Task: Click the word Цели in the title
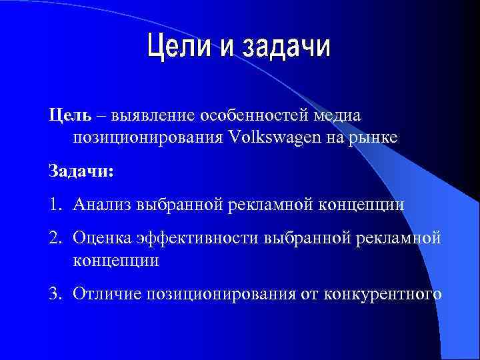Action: pyautogui.click(x=176, y=47)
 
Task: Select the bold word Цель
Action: pyautogui.click(x=66, y=115)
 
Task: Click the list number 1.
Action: pyautogui.click(x=54, y=204)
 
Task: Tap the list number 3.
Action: pyautogui.click(x=55, y=293)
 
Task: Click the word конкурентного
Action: pyautogui.click(x=381, y=293)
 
